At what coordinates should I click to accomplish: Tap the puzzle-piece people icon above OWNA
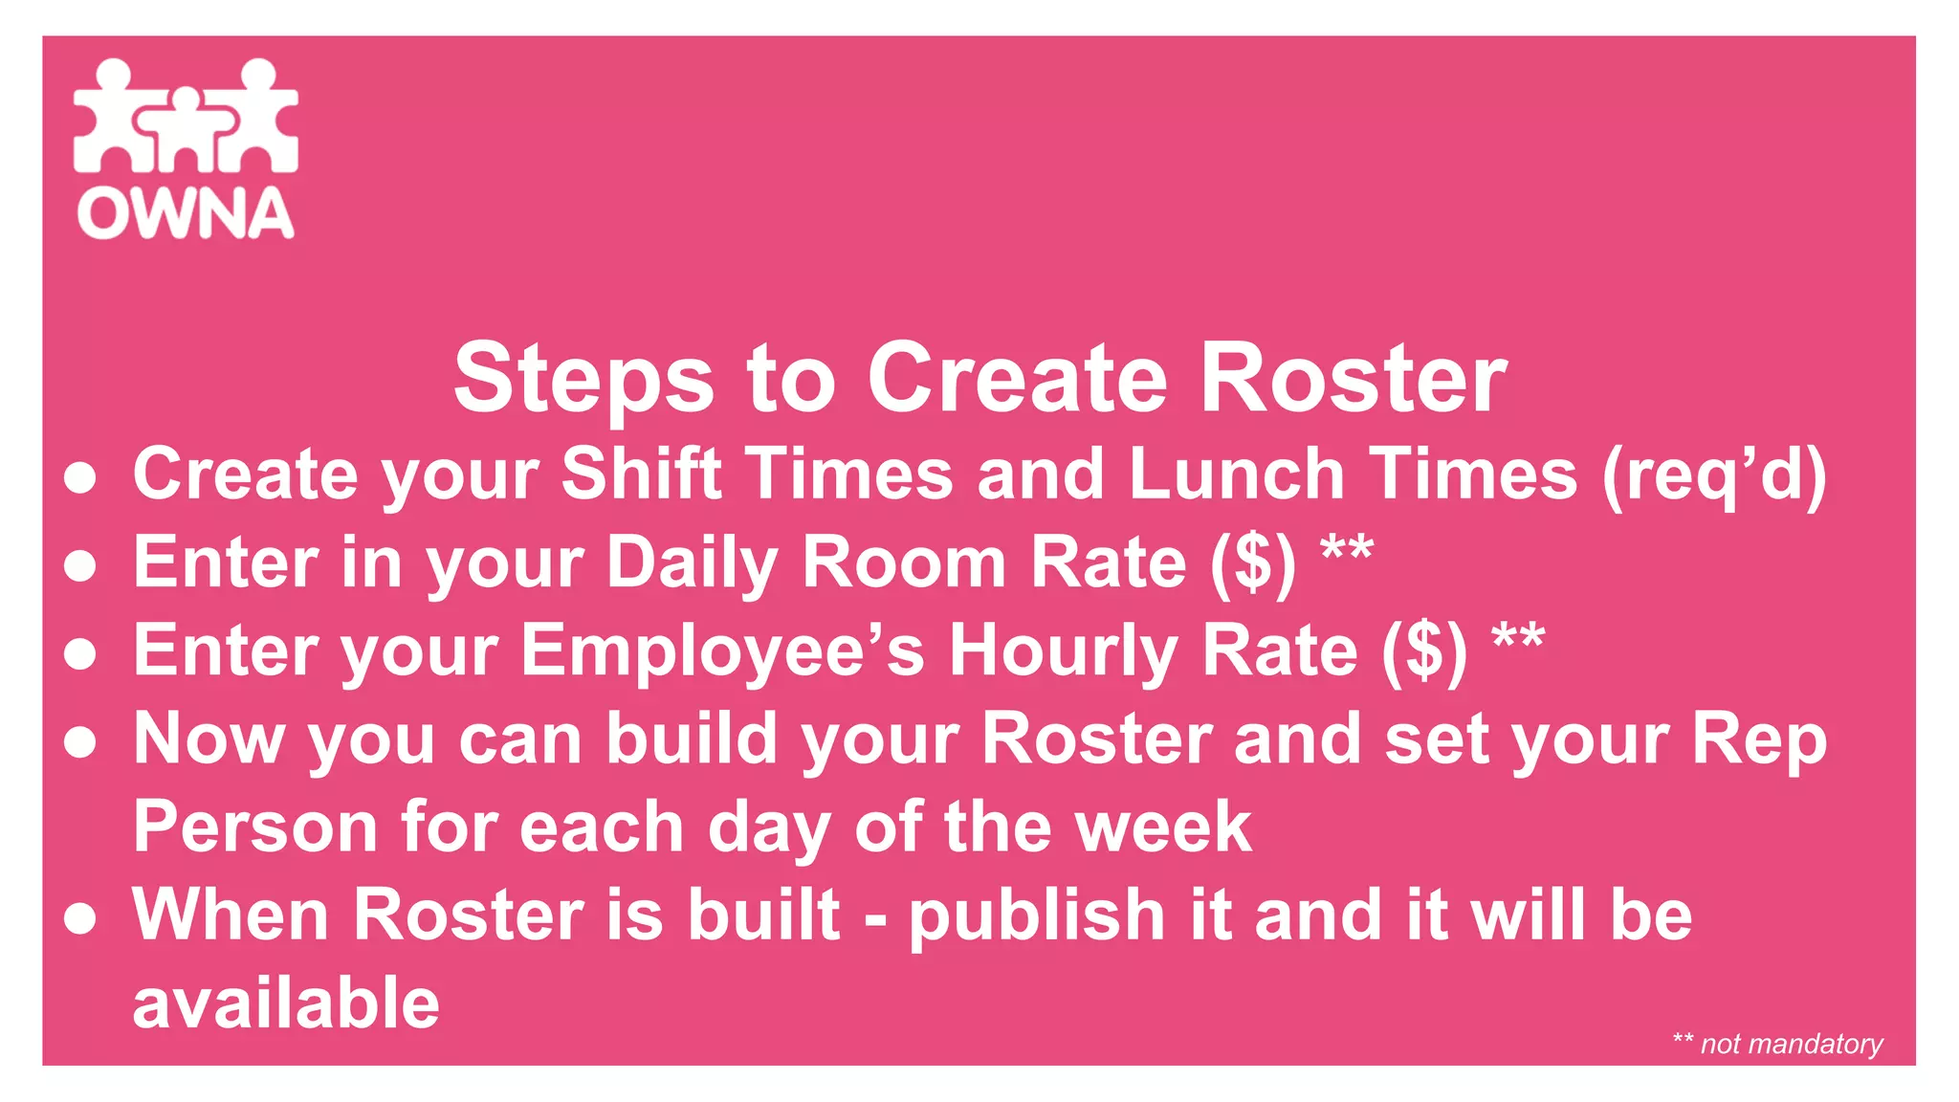186,116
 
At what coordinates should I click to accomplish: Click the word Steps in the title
583,379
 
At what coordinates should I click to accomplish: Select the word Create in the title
1017,379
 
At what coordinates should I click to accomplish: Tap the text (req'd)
1714,474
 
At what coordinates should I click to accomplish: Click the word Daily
693,562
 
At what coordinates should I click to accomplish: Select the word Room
903,562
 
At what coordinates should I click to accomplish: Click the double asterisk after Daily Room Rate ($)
1347,549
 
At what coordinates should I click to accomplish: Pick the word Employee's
722,651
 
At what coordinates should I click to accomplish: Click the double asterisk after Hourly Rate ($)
1518,637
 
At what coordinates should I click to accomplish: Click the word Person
255,826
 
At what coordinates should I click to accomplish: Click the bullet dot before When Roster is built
80,918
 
